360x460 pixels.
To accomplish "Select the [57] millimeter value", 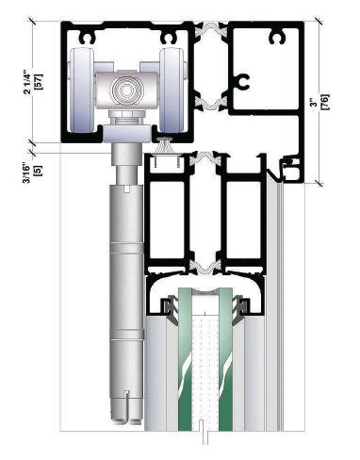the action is point(40,82).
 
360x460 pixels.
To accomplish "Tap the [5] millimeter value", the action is point(40,172).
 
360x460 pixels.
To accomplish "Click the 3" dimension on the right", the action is point(314,102).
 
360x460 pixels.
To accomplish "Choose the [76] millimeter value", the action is point(325,102).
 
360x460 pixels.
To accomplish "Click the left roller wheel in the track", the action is point(81,90).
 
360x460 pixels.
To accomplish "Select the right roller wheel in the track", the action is point(172,90).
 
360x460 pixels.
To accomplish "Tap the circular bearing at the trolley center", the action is point(126,90).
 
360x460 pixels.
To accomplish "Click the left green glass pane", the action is point(185,358).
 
